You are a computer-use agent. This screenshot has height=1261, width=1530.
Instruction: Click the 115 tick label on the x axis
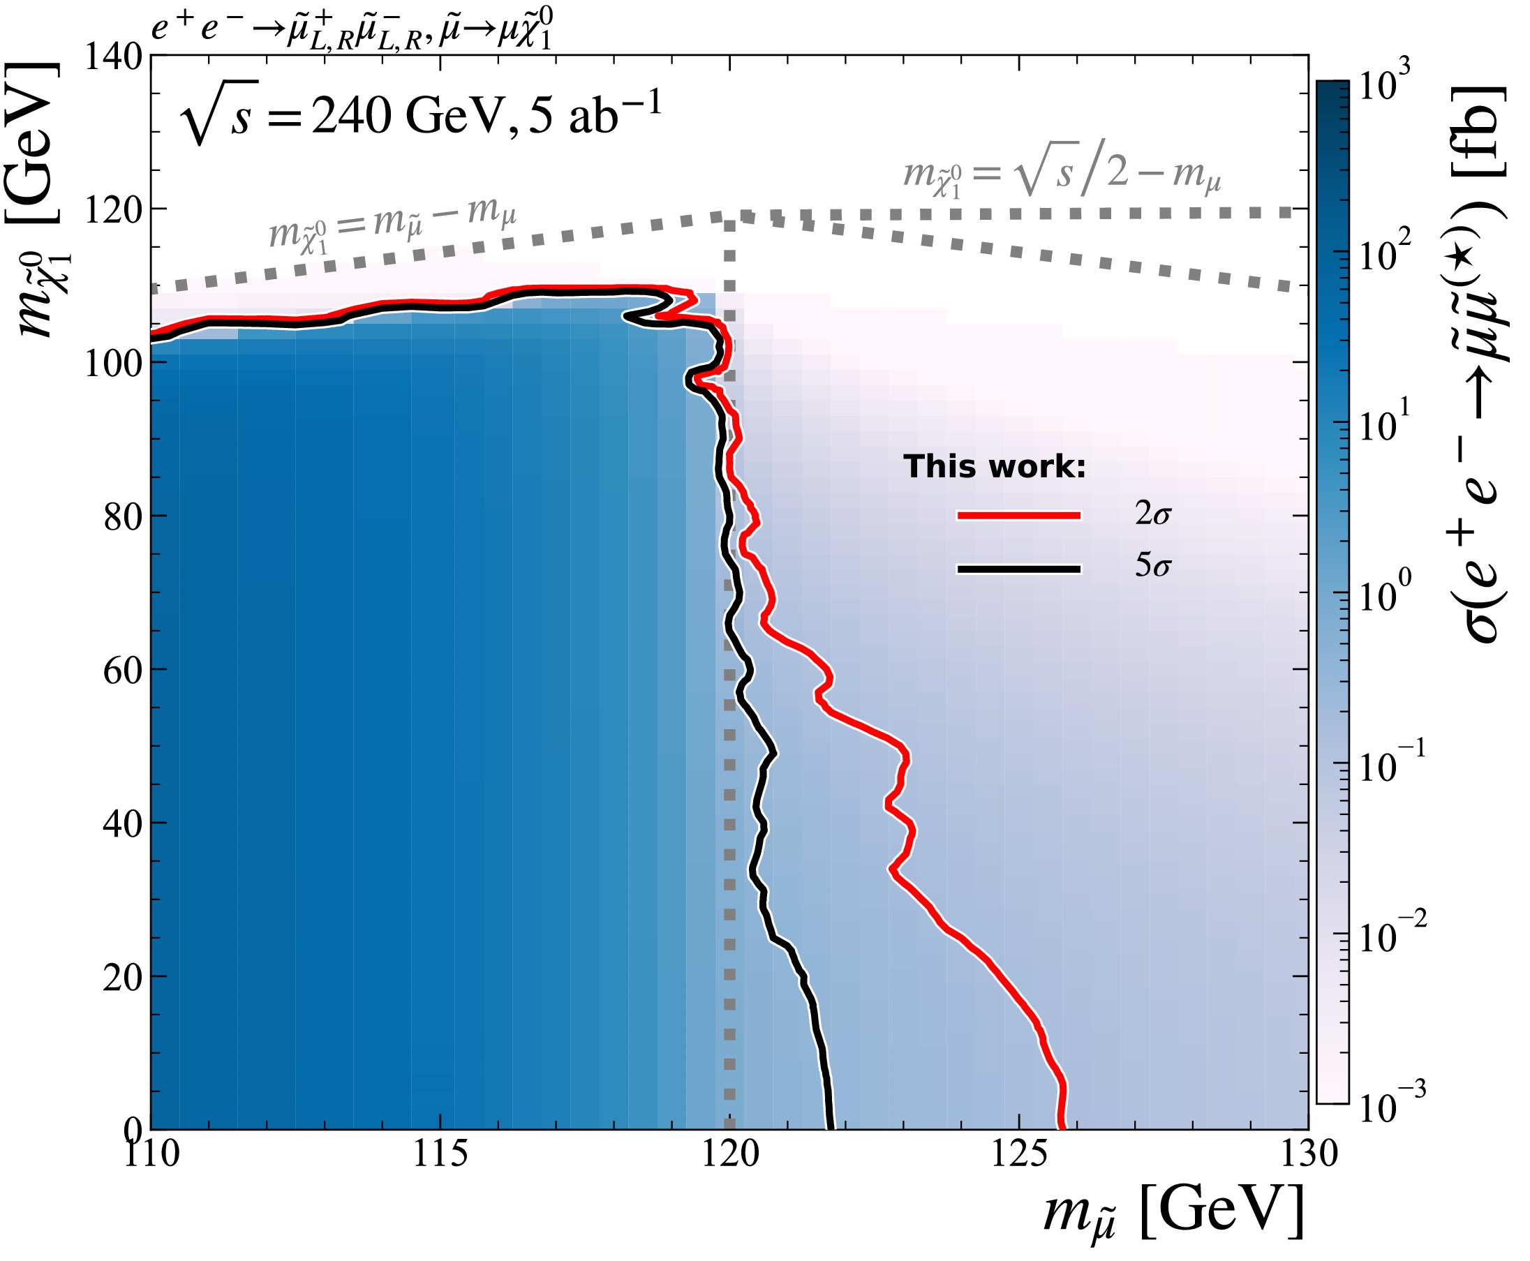(x=440, y=1154)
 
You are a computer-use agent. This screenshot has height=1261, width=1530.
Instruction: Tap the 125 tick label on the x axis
(x=1018, y=1154)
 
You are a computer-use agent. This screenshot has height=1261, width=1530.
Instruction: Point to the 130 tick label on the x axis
(x=1308, y=1154)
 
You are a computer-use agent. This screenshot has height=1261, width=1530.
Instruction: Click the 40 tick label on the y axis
(x=122, y=823)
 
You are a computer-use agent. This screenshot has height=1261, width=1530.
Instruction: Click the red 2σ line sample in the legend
(x=1018, y=515)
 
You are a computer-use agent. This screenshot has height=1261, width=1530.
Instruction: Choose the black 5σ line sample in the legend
(x=1018, y=569)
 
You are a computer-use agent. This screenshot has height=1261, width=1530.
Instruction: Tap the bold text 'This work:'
(x=994, y=466)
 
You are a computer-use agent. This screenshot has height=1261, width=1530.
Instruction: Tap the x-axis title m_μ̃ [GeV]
(x=1173, y=1211)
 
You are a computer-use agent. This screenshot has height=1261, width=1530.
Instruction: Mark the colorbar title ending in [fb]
(x=1475, y=363)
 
